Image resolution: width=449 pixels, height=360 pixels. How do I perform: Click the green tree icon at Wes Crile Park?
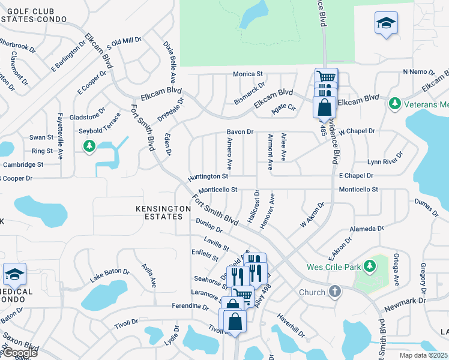[370, 265]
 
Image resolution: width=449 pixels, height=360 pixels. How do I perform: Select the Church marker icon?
[335, 292]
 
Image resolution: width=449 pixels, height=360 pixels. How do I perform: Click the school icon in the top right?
[386, 23]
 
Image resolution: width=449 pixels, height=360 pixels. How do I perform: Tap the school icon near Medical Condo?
[14, 275]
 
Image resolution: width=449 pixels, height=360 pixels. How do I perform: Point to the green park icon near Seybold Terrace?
[89, 146]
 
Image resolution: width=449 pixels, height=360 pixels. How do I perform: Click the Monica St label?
[249, 74]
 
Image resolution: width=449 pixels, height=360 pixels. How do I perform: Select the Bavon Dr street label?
[240, 131]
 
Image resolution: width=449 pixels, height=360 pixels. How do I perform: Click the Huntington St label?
[208, 177]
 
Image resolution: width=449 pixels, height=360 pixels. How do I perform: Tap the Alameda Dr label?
[367, 229]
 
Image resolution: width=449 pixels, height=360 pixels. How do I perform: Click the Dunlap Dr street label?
[209, 226]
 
